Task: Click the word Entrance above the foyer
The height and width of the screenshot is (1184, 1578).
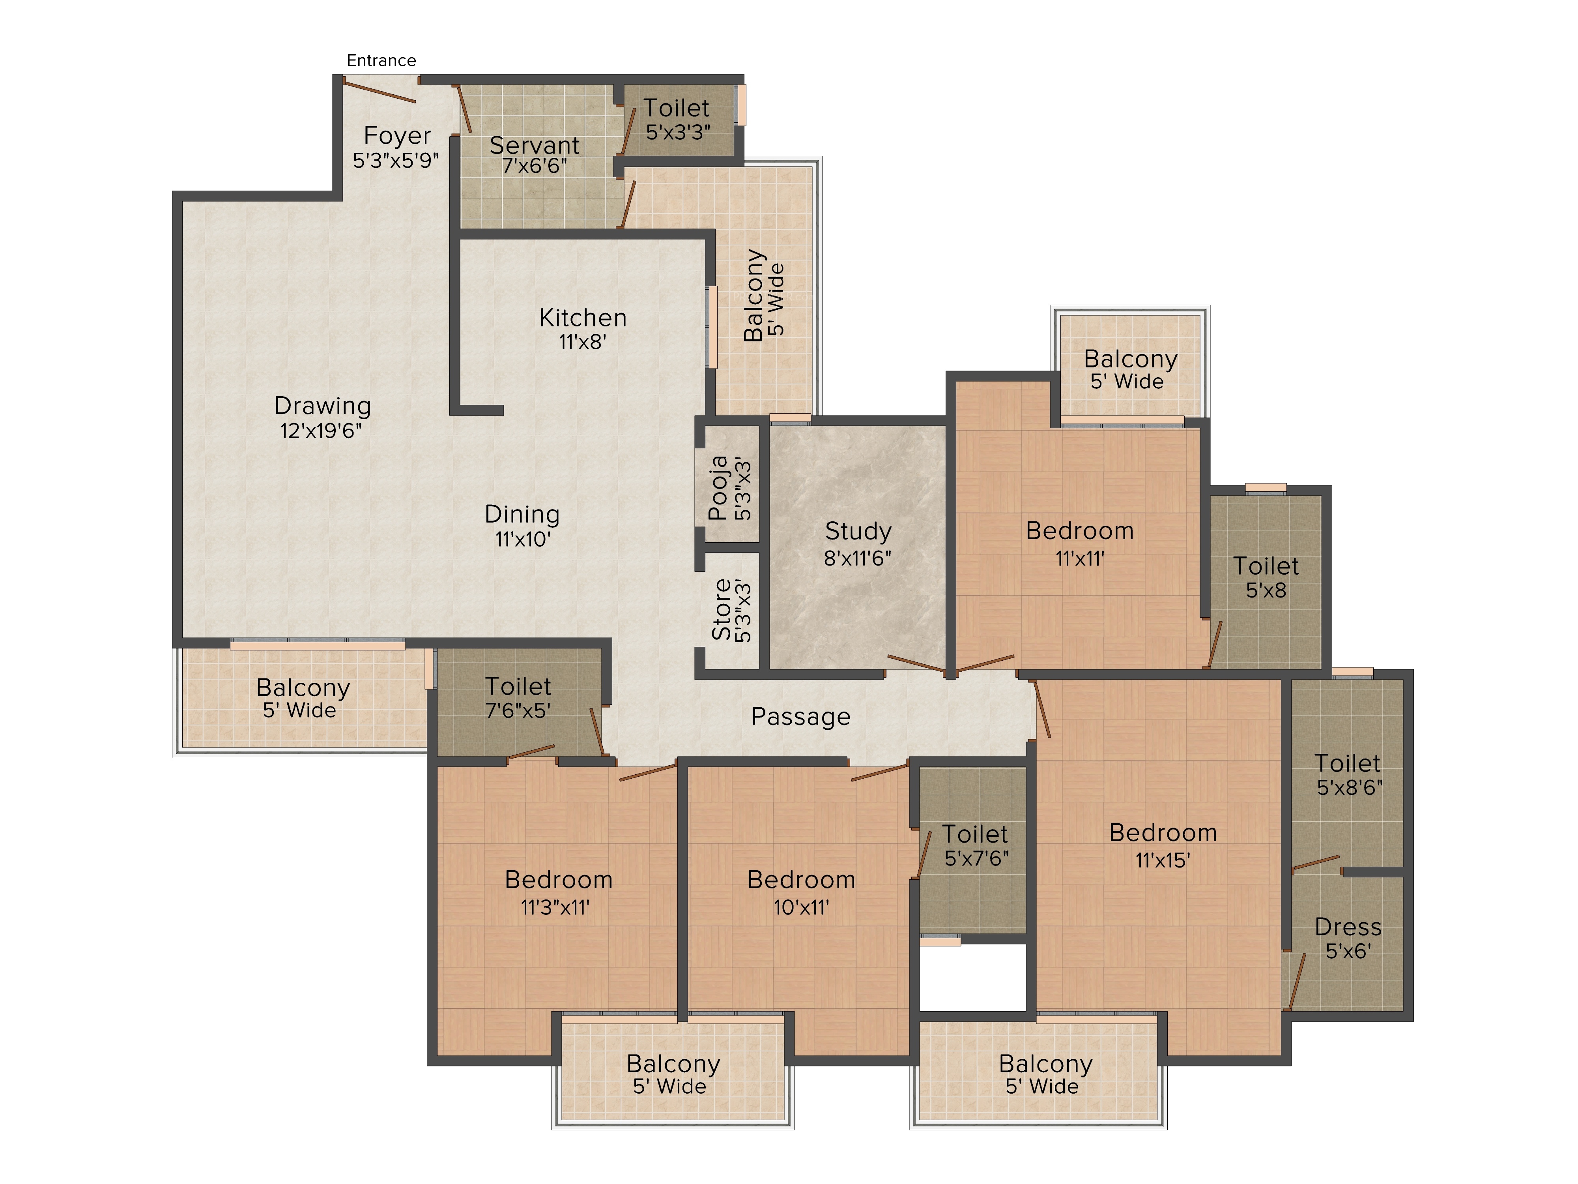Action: click(x=381, y=61)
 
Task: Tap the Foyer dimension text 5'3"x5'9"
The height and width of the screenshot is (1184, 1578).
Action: click(x=396, y=160)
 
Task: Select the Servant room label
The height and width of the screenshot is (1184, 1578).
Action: click(x=534, y=146)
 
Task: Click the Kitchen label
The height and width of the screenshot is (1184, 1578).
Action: click(x=583, y=318)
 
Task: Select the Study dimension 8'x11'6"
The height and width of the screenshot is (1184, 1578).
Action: click(x=858, y=558)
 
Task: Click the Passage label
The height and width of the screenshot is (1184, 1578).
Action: click(x=800, y=717)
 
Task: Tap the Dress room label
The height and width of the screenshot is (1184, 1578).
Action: click(x=1348, y=927)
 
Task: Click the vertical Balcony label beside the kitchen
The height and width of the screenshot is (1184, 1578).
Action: click(x=754, y=296)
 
